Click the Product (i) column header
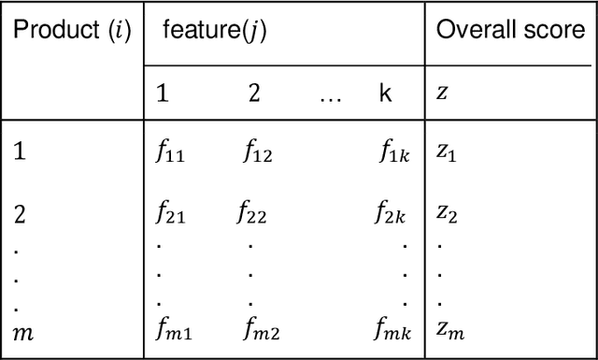click(71, 31)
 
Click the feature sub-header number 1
click(162, 94)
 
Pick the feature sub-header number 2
click(254, 94)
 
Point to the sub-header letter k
click(386, 94)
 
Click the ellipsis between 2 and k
click(330, 96)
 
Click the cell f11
click(170, 152)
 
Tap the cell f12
click(258, 152)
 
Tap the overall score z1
click(449, 152)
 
